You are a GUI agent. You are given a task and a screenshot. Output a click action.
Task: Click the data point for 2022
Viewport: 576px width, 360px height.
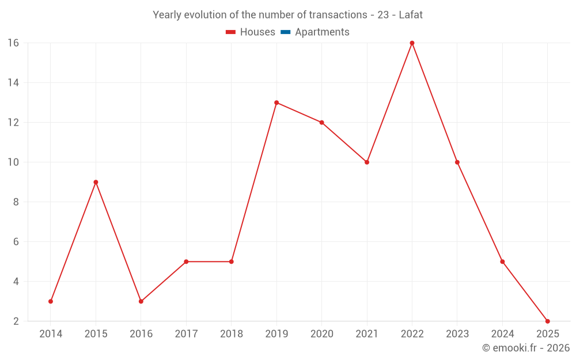point(412,43)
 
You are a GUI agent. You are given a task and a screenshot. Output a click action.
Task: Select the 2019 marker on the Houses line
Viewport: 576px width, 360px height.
point(276,103)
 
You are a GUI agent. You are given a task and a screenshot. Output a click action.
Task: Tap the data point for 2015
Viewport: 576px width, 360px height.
point(96,182)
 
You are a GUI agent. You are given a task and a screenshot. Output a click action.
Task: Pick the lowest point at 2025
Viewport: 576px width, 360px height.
point(547,321)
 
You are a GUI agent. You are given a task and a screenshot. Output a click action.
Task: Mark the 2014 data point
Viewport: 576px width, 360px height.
point(51,301)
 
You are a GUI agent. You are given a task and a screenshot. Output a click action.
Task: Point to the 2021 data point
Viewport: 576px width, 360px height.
point(367,162)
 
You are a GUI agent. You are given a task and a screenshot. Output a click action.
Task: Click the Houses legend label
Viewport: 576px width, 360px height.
point(257,32)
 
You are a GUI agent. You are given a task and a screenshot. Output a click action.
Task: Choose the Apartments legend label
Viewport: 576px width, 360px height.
point(322,32)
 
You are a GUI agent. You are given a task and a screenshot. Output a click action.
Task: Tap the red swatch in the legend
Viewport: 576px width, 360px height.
point(230,32)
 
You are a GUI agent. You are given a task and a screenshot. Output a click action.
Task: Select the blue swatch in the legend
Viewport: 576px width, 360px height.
point(285,32)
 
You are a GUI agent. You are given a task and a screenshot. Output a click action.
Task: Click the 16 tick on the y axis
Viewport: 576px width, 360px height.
point(13,43)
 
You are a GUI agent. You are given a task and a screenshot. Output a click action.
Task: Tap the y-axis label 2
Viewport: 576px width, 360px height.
point(16,321)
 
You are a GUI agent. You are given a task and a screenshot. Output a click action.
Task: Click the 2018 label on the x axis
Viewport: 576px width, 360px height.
point(231,334)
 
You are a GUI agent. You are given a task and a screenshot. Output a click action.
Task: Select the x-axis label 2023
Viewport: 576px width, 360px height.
point(457,334)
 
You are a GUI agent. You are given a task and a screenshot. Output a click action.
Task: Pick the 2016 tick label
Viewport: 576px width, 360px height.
point(141,334)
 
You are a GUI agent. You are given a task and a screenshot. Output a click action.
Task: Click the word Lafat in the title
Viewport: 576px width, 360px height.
point(411,15)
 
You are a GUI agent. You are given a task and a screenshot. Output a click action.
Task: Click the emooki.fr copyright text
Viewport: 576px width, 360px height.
point(526,348)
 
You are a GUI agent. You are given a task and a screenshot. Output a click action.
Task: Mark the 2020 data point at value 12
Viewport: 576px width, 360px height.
point(321,122)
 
